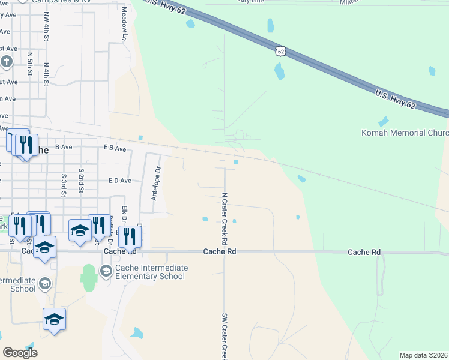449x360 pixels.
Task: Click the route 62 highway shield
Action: (x=280, y=51)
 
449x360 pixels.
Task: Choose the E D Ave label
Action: (x=119, y=180)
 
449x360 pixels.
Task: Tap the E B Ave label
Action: (x=115, y=148)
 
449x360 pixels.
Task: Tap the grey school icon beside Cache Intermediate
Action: (x=106, y=272)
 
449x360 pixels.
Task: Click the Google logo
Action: (x=20, y=353)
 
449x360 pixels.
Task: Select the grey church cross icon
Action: (x=6, y=62)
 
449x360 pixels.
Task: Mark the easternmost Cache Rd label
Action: (x=364, y=252)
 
